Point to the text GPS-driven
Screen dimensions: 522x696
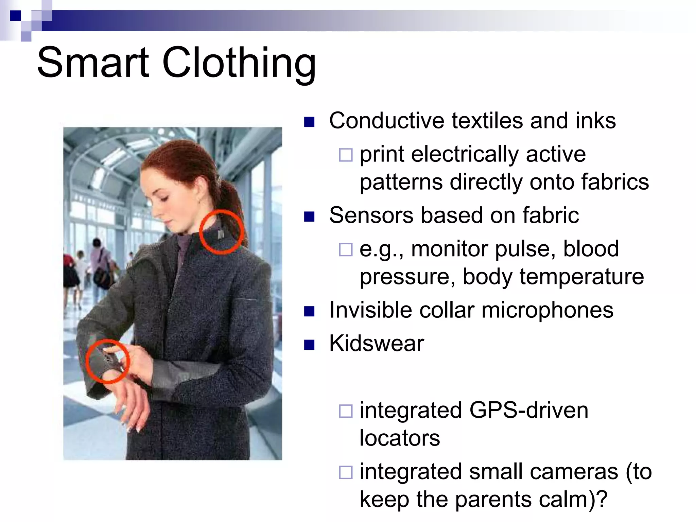[x=528, y=410]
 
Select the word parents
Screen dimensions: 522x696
[x=495, y=499]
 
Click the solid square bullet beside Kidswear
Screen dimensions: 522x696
[x=309, y=345]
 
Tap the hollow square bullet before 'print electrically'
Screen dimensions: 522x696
[x=346, y=155]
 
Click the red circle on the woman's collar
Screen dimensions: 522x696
[x=221, y=232]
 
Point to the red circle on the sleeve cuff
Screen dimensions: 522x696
[x=107, y=361]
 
